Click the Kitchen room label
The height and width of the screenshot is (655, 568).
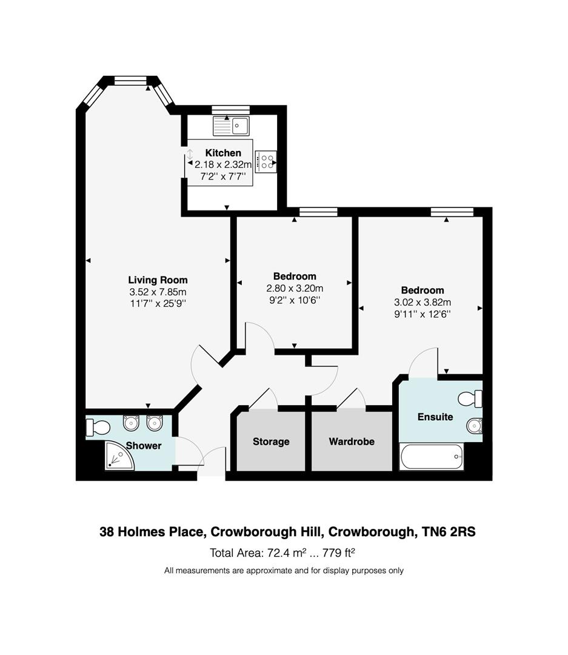(x=222, y=153)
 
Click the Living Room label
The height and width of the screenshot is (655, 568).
(x=158, y=280)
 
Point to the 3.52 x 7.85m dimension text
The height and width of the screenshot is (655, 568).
(x=158, y=292)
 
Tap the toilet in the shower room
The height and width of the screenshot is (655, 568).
(x=98, y=428)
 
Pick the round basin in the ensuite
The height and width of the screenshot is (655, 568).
(x=473, y=427)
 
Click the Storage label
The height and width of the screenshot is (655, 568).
(x=271, y=442)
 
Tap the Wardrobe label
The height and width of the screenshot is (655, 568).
(x=352, y=442)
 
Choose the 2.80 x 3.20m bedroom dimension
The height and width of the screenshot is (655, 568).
(x=295, y=288)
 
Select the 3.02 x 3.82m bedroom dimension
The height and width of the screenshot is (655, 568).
(x=422, y=302)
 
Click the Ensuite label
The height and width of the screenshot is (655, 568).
(x=435, y=417)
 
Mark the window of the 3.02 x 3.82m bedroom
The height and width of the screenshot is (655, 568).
(x=452, y=211)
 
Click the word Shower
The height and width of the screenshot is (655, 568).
(x=144, y=446)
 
